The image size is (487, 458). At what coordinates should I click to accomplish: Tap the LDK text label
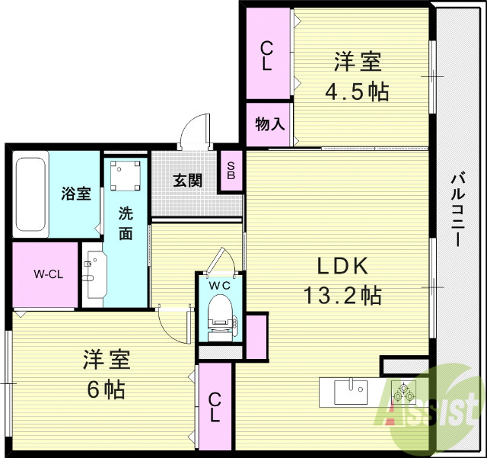point(342,266)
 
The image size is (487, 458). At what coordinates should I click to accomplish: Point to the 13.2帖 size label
point(342,294)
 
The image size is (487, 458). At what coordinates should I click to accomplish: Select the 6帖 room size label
point(106,389)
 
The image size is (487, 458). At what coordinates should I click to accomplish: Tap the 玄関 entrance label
point(187,181)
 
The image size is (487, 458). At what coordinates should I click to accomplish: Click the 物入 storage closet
point(269,122)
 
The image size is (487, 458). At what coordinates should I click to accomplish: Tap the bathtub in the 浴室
point(31,197)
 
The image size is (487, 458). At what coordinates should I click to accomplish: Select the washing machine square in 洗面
point(125,178)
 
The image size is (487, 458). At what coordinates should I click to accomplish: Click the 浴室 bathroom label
point(77,193)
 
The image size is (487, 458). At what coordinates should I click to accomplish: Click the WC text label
point(220,285)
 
